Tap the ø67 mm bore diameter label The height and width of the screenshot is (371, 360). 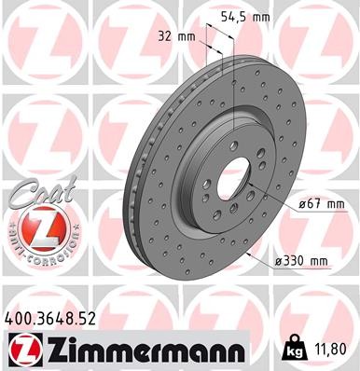point(322,203)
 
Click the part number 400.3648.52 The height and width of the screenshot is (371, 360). point(62,319)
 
